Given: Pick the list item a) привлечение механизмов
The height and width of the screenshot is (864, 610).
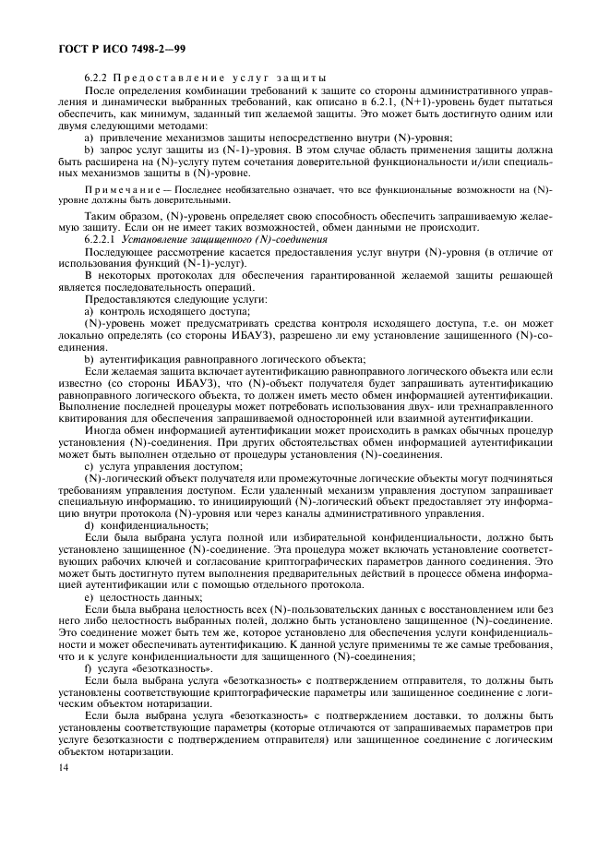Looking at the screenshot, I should click(x=231, y=137).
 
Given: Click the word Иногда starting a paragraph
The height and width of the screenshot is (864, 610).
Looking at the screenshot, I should click(x=102, y=430).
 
